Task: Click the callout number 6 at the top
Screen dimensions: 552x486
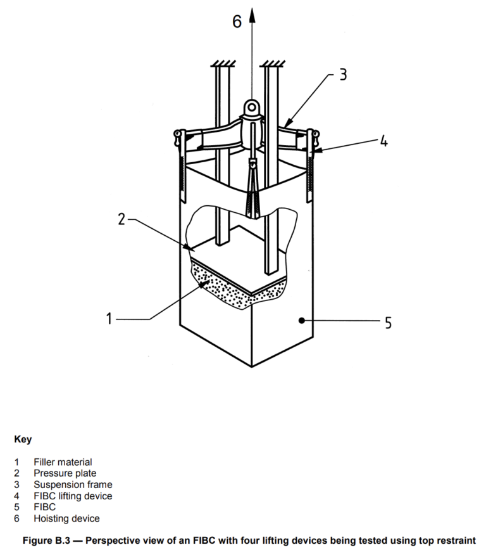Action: tap(237, 22)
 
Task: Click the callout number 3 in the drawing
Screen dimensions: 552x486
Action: tap(342, 75)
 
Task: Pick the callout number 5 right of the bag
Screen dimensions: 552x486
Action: tap(387, 323)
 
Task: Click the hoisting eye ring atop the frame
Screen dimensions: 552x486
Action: tap(253, 109)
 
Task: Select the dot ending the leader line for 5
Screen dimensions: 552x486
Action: tap(303, 321)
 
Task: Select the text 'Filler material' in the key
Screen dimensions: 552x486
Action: tap(63, 463)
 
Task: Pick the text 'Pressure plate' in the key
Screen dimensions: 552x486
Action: tap(65, 473)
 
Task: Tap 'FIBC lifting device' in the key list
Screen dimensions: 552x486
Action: tap(73, 496)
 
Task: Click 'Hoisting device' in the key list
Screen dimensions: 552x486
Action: tap(66, 518)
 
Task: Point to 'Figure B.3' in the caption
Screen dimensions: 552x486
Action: tap(47, 541)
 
